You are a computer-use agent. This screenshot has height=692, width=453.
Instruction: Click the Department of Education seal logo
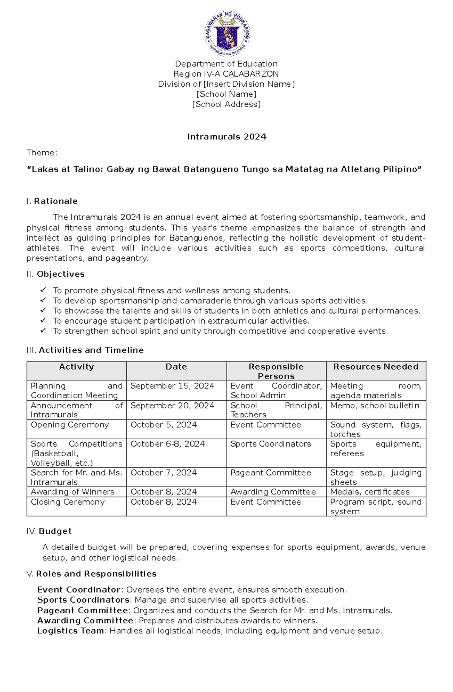click(227, 34)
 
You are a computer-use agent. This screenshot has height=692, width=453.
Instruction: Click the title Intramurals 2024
click(227, 137)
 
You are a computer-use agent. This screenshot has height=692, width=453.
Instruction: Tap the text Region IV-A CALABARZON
click(226, 74)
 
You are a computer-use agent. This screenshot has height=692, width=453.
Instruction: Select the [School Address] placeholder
click(226, 104)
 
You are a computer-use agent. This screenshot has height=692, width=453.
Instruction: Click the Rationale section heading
click(55, 201)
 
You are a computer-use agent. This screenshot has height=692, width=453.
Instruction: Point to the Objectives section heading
click(60, 274)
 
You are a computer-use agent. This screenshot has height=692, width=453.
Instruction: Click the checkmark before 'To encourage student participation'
click(43, 321)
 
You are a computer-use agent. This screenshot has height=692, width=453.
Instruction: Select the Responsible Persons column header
click(276, 371)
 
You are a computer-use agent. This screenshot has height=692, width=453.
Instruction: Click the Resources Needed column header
click(376, 367)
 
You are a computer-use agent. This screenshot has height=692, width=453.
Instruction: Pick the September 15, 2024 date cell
click(173, 386)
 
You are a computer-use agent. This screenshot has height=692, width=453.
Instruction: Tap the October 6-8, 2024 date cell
click(168, 444)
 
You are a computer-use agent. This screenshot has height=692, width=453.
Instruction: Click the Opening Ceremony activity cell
click(70, 425)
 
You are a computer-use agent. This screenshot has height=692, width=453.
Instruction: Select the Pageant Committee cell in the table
click(271, 473)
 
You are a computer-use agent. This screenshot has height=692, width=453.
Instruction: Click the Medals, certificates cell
click(370, 492)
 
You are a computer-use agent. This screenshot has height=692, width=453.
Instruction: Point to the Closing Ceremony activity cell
click(68, 502)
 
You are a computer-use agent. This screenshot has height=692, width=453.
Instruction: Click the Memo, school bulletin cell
click(374, 406)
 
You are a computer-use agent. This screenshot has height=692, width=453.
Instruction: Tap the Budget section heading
click(55, 531)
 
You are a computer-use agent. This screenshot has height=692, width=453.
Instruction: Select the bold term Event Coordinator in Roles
click(79, 590)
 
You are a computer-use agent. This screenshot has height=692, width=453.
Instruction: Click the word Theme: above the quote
click(42, 153)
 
